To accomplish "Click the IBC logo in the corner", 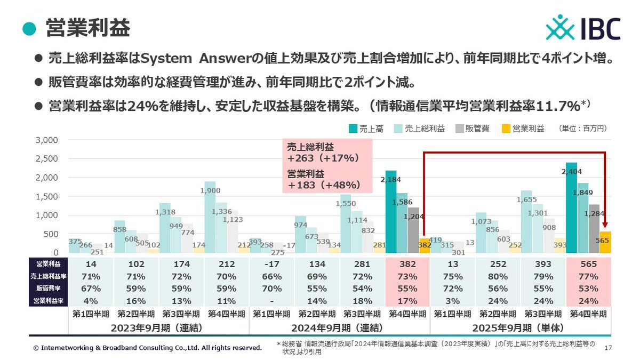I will [583, 27].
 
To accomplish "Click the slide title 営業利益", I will [87, 28].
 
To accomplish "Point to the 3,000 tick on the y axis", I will [47, 140].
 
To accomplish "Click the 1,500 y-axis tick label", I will [47, 197].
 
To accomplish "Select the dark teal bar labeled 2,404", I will [571, 213].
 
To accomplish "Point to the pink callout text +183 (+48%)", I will [322, 185].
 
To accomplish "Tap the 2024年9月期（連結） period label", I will [340, 326].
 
